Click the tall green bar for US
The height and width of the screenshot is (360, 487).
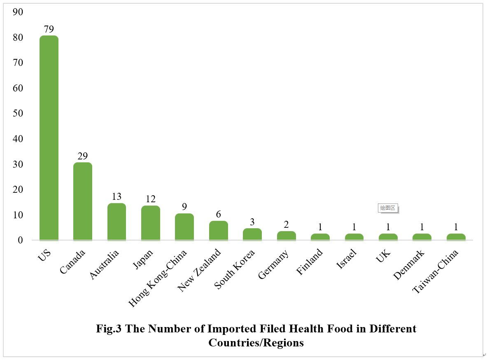pyautogui.click(x=49, y=138)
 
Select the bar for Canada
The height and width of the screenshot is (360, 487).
pyautogui.click(x=83, y=201)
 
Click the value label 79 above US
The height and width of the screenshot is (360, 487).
pyautogui.click(x=49, y=29)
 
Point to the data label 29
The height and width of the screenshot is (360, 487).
pyautogui.click(x=83, y=156)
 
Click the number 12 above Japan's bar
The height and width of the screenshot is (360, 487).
pyautogui.click(x=150, y=199)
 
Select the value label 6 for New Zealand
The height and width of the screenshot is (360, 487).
pyautogui.click(x=218, y=215)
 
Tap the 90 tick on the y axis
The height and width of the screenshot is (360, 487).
pyautogui.click(x=18, y=12)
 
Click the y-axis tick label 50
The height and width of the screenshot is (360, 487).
pyautogui.click(x=18, y=113)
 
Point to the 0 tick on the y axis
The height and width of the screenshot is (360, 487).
pyautogui.click(x=20, y=240)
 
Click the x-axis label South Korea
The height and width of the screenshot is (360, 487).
pyautogui.click(x=235, y=269)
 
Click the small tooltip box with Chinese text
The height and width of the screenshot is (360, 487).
pyautogui.click(x=387, y=208)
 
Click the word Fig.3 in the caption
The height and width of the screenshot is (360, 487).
pyautogui.click(x=109, y=329)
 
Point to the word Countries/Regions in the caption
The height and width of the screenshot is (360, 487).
pyautogui.click(x=256, y=343)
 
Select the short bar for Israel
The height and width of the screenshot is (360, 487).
pyautogui.click(x=354, y=237)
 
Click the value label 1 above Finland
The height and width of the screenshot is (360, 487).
pyautogui.click(x=320, y=227)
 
